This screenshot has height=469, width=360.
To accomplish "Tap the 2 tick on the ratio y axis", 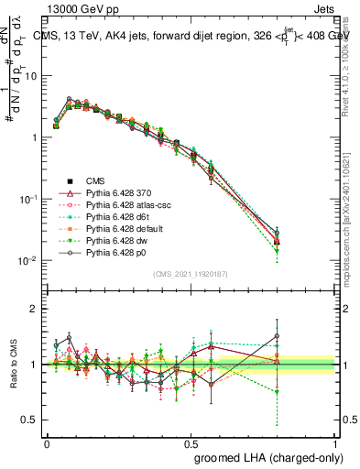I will (x=37, y=309).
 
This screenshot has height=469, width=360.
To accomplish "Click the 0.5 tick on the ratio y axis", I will (x=33, y=420).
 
